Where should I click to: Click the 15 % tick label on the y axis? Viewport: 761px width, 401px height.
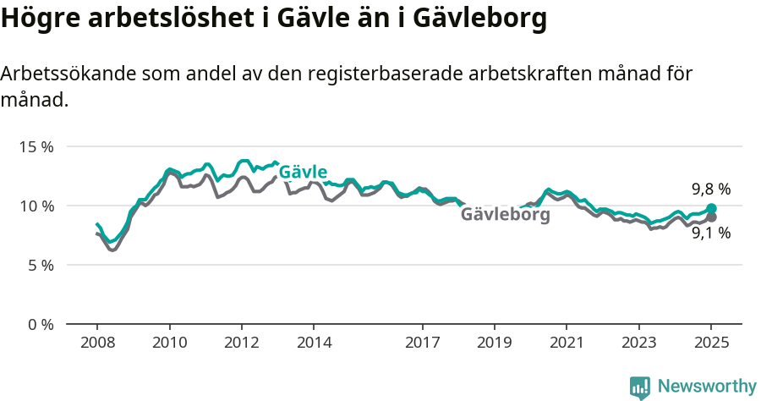point(36,146)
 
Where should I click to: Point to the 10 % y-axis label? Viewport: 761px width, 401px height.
point(36,206)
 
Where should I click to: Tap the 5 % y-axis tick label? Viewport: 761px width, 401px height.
point(39,265)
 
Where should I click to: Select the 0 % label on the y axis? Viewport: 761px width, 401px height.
point(39,324)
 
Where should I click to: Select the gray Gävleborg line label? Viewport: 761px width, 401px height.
point(505,215)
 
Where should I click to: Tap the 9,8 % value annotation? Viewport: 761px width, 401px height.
point(710,190)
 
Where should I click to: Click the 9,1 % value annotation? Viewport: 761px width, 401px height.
point(710,233)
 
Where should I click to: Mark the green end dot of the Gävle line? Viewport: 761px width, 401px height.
point(712,208)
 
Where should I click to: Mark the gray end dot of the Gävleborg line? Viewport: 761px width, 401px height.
point(712,217)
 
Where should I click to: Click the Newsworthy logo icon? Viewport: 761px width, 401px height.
point(640,387)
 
